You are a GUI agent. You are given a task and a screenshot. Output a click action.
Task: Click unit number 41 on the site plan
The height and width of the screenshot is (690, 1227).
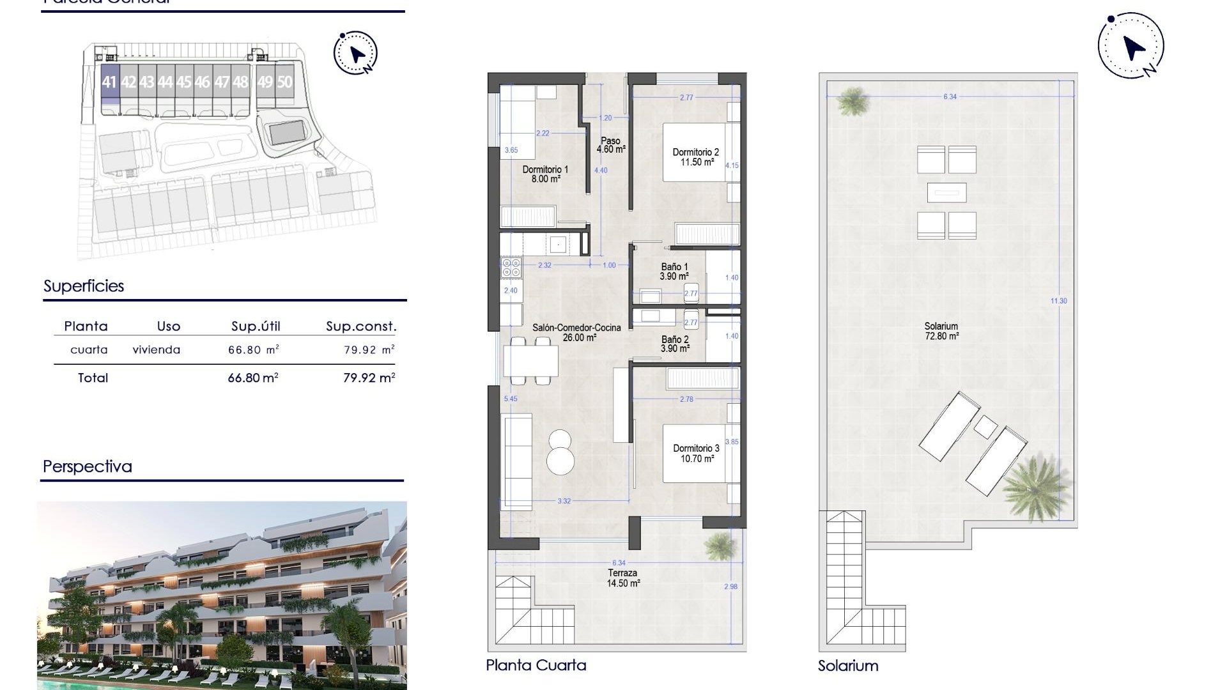click(x=109, y=82)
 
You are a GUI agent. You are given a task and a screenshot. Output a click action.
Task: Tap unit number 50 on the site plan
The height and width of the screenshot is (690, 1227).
click(x=284, y=82)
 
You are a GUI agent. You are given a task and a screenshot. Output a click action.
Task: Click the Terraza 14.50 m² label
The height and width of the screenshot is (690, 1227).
click(x=623, y=578)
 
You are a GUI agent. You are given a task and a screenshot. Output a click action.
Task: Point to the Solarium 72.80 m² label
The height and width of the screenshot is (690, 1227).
click(x=941, y=331)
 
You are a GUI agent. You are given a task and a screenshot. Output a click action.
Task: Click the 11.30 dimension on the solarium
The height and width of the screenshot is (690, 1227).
click(x=1058, y=301)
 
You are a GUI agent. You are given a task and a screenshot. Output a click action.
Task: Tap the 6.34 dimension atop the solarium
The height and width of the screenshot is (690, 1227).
click(x=950, y=97)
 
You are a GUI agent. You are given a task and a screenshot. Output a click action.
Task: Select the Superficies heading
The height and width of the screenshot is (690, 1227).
click(x=84, y=286)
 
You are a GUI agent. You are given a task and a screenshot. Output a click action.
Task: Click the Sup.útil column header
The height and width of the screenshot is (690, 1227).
click(x=256, y=326)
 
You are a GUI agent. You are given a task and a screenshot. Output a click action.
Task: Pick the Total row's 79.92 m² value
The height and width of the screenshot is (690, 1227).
click(x=369, y=378)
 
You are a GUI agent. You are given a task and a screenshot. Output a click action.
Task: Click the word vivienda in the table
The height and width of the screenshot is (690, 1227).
click(x=157, y=349)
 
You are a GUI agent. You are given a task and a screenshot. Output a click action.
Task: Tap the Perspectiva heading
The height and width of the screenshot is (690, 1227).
click(x=88, y=466)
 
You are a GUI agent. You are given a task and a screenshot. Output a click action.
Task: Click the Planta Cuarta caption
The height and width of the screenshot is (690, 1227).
click(x=536, y=665)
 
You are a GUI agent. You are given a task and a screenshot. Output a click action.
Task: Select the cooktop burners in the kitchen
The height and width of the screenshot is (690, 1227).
click(x=511, y=267)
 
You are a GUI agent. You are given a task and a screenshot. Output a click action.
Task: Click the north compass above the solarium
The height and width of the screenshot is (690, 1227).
click(x=1131, y=46)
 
